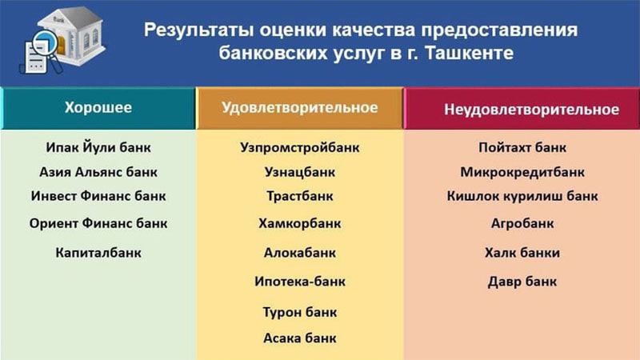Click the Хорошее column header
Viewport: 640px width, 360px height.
click(x=98, y=108)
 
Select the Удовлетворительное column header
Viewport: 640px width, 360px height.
click(x=299, y=108)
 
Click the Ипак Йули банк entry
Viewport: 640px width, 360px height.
click(x=98, y=148)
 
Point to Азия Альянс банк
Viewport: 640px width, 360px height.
click(x=98, y=172)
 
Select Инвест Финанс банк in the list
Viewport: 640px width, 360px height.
click(x=98, y=196)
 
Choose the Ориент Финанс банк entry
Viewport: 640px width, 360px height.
click(x=98, y=224)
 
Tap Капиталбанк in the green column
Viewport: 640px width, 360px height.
click(x=98, y=253)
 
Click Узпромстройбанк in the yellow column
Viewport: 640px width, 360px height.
click(x=300, y=148)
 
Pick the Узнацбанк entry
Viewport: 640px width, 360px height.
click(x=300, y=172)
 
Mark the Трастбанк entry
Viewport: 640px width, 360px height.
click(x=300, y=196)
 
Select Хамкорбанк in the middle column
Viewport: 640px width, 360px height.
click(x=300, y=224)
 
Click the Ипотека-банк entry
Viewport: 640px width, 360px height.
click(x=300, y=282)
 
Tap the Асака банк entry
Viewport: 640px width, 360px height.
click(x=300, y=338)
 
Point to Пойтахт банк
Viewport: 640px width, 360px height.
click(x=522, y=148)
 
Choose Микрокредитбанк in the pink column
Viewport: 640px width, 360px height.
click(x=522, y=172)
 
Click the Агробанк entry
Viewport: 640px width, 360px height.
click(x=522, y=224)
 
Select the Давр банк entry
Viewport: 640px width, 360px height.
click(x=522, y=282)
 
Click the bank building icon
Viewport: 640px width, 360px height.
click(x=68, y=36)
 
